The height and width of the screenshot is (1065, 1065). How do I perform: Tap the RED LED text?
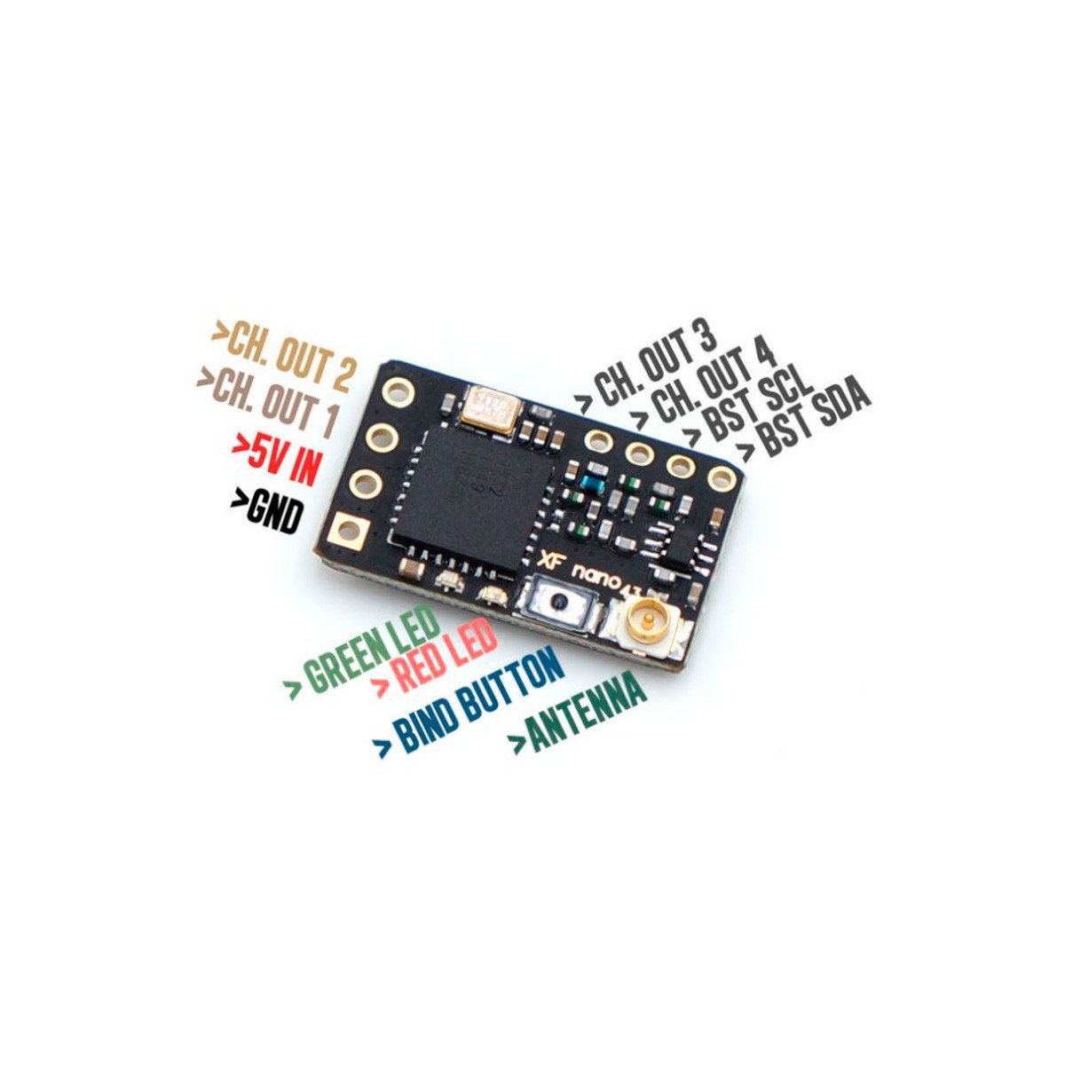[x=435, y=666]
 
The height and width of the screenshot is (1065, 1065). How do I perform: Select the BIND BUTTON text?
[x=469, y=707]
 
